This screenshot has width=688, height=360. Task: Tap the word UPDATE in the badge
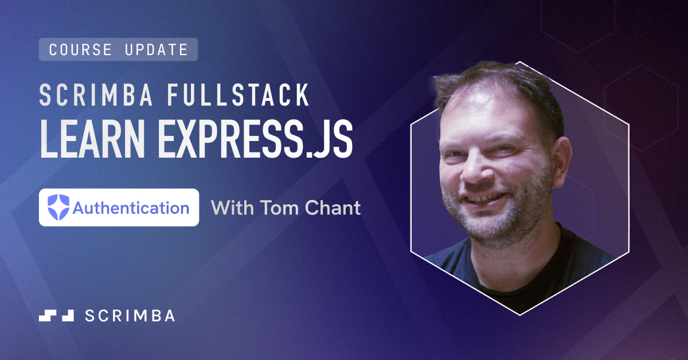[156, 50]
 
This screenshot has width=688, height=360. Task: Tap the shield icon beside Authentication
[58, 207]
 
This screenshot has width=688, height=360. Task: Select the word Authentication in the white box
[131, 208]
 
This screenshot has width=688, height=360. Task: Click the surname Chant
[332, 208]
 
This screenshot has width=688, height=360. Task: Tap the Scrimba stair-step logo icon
[56, 315]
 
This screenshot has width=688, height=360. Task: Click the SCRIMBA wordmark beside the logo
[130, 315]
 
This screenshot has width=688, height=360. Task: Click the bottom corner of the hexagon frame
[520, 314]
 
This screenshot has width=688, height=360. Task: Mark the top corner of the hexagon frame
[520, 61]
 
